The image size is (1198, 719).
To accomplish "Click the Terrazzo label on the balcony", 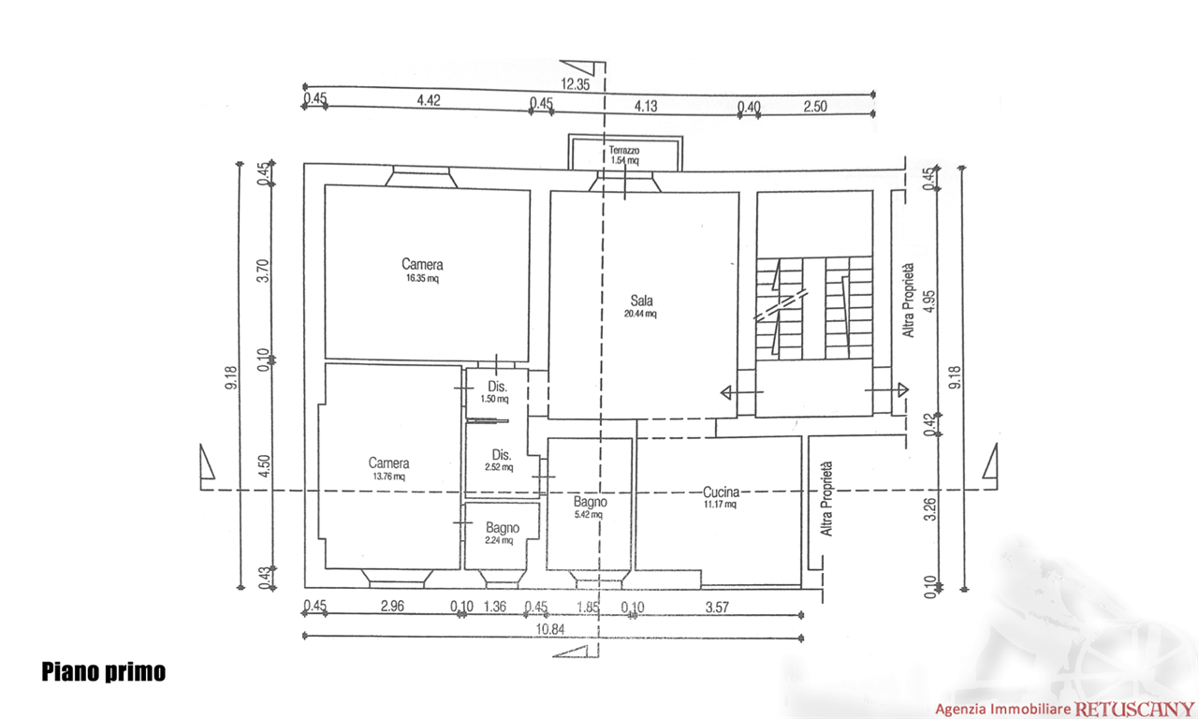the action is tap(623, 151).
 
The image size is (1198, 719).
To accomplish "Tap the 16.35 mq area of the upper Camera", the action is tap(422, 278).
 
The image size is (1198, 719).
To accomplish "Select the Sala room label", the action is tap(641, 301).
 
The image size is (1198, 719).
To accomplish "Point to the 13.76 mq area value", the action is tap(388, 477).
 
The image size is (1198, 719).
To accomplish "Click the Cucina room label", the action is tap(721, 492).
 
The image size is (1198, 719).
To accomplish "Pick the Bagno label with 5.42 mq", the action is tap(590, 502).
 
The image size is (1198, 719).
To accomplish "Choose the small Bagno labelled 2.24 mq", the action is tap(503, 527).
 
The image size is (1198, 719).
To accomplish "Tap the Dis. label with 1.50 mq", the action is tap(497, 387).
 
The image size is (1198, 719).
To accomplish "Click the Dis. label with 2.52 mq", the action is tap(501, 455).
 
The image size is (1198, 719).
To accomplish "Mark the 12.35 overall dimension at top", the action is tap(575, 84).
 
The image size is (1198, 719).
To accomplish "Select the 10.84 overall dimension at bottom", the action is tap(549, 629).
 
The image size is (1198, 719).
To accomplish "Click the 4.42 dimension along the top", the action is tap(429, 100).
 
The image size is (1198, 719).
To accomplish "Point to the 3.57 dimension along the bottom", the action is tap(717, 608).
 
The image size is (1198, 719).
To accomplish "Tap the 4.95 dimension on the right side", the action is tap(929, 301).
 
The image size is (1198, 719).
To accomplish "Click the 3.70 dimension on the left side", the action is tap(262, 271).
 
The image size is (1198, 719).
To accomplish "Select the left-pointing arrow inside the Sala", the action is tap(742, 393).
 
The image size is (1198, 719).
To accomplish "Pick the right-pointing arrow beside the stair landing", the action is tap(886, 390).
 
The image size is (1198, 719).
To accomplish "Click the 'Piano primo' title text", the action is tap(104, 672).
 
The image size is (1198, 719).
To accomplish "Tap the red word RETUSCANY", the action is tap(1133, 710).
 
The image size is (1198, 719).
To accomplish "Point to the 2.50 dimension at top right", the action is tap(815, 107).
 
